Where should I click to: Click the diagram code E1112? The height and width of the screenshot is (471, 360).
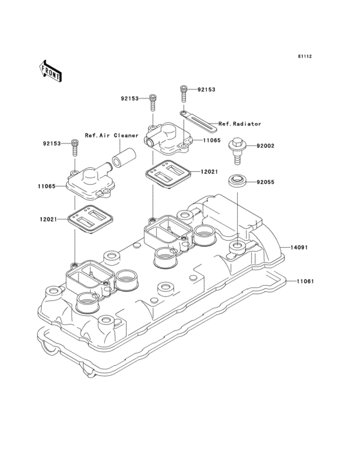[x=304, y=57]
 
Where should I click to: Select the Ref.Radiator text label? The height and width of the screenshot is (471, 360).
[x=239, y=124]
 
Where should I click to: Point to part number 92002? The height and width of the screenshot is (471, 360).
[x=265, y=146]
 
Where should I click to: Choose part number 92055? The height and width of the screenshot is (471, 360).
[x=265, y=182]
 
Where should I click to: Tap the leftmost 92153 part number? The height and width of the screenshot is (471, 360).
[x=53, y=143]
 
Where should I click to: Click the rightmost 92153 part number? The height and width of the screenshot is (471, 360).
[x=206, y=90]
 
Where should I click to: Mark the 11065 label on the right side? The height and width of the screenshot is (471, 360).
[x=212, y=140]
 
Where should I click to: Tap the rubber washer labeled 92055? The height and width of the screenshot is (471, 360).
[x=237, y=179]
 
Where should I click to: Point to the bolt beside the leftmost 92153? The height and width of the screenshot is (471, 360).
[x=75, y=145]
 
